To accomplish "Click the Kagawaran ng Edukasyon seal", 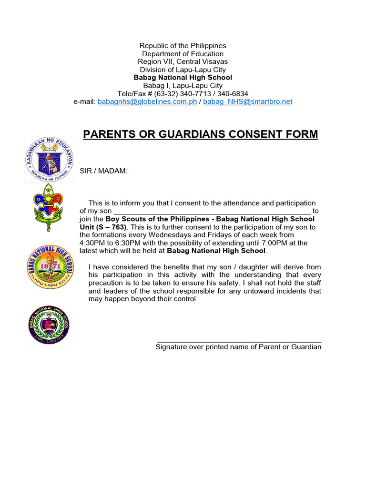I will [x=50, y=159].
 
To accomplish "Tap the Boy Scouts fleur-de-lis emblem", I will [x=50, y=207].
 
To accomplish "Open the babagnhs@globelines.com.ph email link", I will [x=147, y=102].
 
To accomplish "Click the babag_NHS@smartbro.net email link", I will [x=247, y=102].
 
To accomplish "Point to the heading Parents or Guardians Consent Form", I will [x=200, y=134].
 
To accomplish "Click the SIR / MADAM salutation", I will [x=103, y=171].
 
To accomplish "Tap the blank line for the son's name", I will [x=212, y=211].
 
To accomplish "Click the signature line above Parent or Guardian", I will [x=239, y=341].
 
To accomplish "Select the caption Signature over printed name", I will [x=238, y=347].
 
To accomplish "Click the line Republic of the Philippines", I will [x=183, y=46].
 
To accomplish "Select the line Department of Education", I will [x=183, y=54].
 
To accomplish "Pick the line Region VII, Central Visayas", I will [x=183, y=61].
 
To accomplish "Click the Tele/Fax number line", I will [x=183, y=93].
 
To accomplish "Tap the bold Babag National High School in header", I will [x=183, y=77].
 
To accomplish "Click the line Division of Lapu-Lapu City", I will [x=183, y=70].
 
